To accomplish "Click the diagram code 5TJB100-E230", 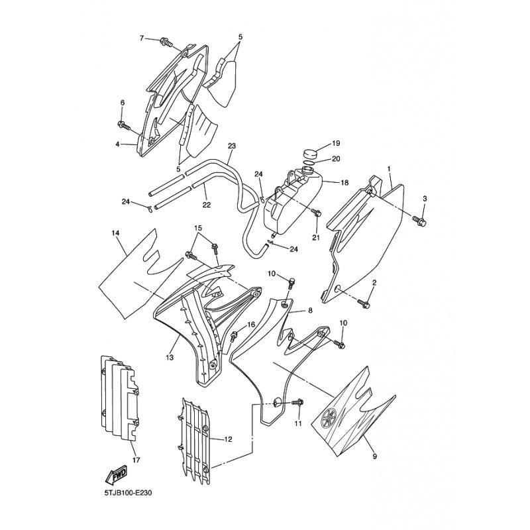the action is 128,493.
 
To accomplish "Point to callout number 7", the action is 142,38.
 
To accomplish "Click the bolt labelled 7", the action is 167,42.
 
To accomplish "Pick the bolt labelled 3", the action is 420,221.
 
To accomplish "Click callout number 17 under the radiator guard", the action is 136,460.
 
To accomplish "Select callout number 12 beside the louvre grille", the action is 228,439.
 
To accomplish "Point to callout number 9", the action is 374,456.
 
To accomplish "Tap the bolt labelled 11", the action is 297,403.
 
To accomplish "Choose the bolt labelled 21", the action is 317,213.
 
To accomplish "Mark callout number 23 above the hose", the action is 232,146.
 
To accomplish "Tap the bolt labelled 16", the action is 234,335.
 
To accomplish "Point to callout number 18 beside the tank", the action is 344,183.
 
